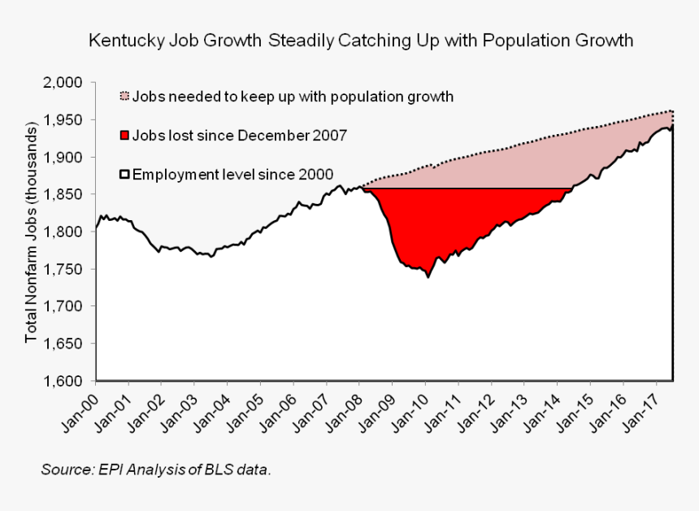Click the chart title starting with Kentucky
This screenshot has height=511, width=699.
[x=360, y=40]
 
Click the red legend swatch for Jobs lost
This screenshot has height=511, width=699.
[x=124, y=135]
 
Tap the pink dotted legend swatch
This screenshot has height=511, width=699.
[x=124, y=96]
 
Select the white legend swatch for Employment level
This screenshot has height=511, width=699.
[x=124, y=174]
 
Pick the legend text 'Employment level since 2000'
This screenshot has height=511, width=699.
[x=232, y=174]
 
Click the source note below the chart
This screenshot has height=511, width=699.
[x=155, y=470]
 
